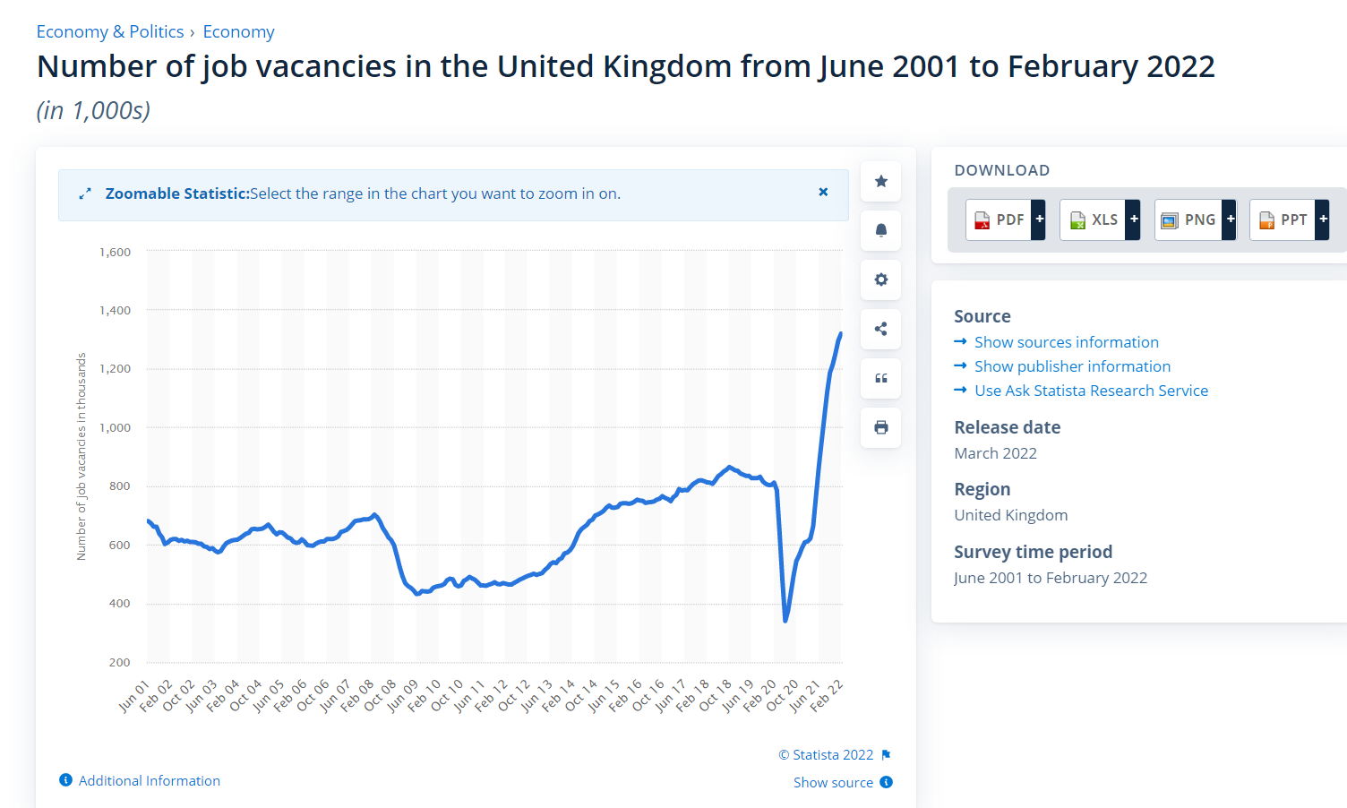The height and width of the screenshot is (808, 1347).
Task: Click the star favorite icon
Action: (881, 182)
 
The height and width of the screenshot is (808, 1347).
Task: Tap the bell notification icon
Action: (881, 230)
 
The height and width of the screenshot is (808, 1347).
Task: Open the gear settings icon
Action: (881, 279)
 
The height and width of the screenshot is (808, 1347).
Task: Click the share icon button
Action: (881, 329)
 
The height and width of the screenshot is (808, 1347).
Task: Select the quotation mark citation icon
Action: (881, 378)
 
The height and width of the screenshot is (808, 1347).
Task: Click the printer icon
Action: (881, 427)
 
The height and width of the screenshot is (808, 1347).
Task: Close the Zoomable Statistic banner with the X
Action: (823, 193)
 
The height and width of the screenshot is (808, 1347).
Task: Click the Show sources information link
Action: (1066, 342)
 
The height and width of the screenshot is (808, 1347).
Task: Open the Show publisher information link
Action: (1072, 366)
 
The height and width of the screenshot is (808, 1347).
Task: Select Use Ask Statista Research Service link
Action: (1091, 391)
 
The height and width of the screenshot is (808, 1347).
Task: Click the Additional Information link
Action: (149, 781)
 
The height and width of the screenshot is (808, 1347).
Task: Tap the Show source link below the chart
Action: (833, 783)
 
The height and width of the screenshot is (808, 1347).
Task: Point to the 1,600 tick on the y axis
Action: (116, 253)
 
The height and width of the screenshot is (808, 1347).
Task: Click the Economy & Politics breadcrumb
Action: (109, 32)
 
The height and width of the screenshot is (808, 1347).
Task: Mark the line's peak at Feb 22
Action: (840, 334)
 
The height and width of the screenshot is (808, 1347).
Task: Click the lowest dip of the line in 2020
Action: (785, 620)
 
